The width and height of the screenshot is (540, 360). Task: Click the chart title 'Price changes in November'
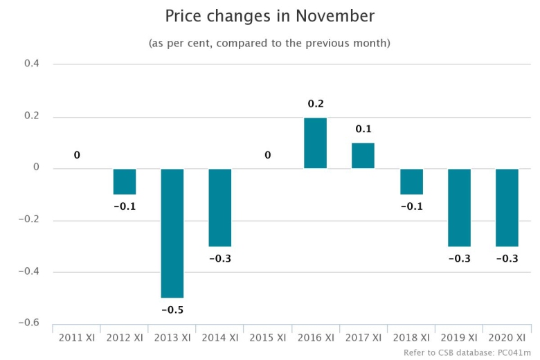tap(269, 15)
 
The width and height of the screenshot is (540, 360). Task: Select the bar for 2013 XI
tap(172, 233)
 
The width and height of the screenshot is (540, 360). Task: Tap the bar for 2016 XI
tap(315, 143)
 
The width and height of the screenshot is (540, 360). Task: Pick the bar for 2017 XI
tap(363, 156)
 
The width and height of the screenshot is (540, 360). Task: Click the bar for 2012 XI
tap(125, 181)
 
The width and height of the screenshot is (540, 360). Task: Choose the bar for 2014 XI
tap(220, 207)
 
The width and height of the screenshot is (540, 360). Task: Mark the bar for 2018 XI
tap(411, 181)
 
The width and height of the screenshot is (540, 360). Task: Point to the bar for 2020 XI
tap(507, 207)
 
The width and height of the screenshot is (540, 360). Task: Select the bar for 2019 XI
tap(459, 207)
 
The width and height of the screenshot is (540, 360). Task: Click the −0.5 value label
tap(172, 309)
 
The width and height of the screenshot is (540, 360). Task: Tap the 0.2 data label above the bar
tap(316, 104)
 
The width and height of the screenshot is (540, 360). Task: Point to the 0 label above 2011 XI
tap(77, 155)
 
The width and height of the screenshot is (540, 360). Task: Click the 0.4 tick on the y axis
tap(33, 64)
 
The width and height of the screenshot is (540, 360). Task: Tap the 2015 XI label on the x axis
tap(267, 338)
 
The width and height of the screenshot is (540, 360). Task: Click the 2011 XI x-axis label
tap(76, 338)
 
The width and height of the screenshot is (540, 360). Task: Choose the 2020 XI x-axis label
tap(507, 338)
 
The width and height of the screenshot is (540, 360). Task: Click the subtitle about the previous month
tap(269, 43)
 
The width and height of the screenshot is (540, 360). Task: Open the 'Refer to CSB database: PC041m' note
tap(467, 352)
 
